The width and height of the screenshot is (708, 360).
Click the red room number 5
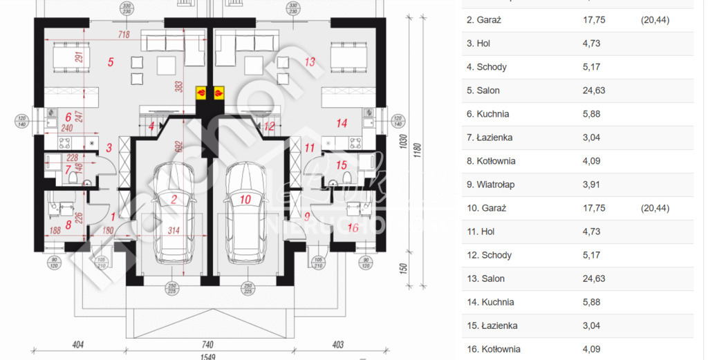coord(111,62)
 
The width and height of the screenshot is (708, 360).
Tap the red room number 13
coord(310,62)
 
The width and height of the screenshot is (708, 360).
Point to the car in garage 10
coord(245,214)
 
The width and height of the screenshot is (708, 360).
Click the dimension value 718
coord(124,34)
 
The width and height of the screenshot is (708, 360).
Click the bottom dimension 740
coord(208,343)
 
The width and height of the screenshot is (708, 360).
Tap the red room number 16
coord(353,227)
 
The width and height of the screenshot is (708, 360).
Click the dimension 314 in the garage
coord(174,231)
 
